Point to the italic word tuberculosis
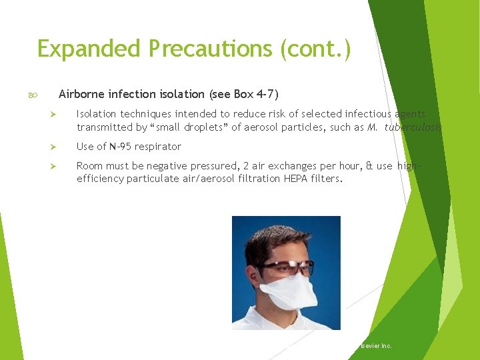coord(413,127)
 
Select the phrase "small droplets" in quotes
coord(190,127)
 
